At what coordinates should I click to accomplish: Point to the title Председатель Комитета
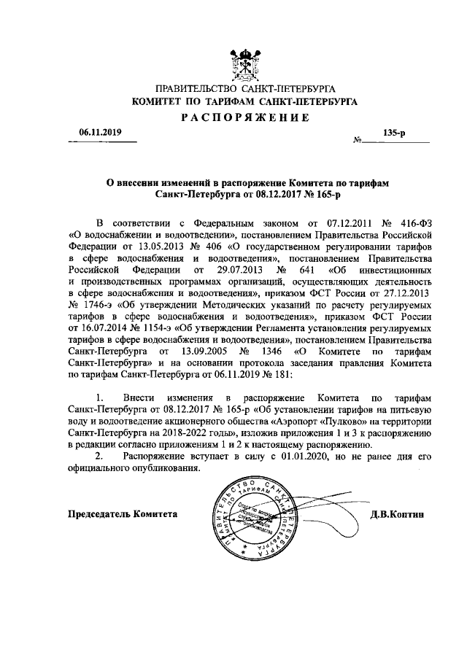[x=123, y=513]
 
